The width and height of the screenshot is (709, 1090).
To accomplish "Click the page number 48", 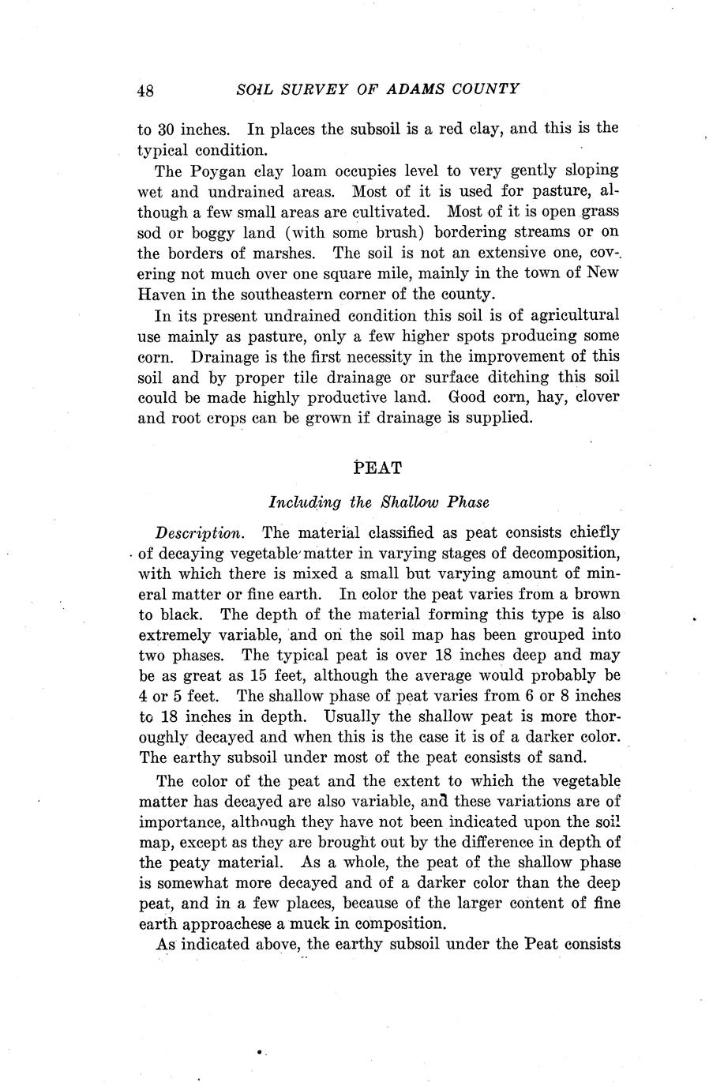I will pyautogui.click(x=144, y=91).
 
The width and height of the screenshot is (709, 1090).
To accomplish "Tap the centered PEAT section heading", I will pyautogui.click(x=379, y=468).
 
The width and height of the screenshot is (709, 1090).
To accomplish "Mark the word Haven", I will pyautogui.click(x=161, y=294).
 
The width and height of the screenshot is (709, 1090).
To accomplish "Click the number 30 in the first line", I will pyautogui.click(x=171, y=129).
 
